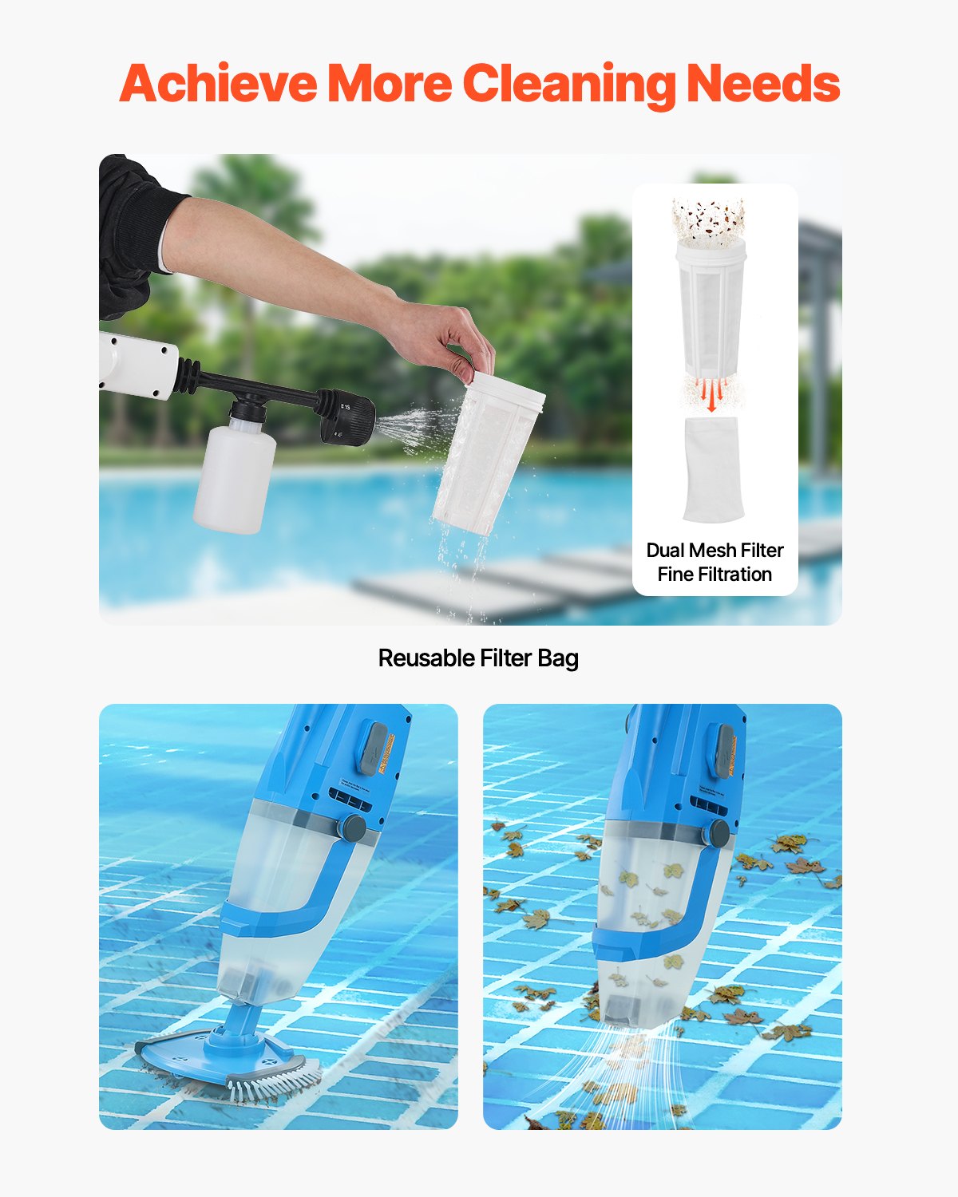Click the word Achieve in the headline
[217, 84]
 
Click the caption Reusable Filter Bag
[478, 658]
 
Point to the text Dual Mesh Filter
[715, 550]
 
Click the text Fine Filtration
[715, 575]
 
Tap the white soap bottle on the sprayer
[235, 476]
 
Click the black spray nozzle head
[349, 416]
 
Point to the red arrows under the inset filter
[712, 394]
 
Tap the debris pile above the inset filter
[710, 218]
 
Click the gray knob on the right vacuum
[718, 832]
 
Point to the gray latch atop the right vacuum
[724, 751]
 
